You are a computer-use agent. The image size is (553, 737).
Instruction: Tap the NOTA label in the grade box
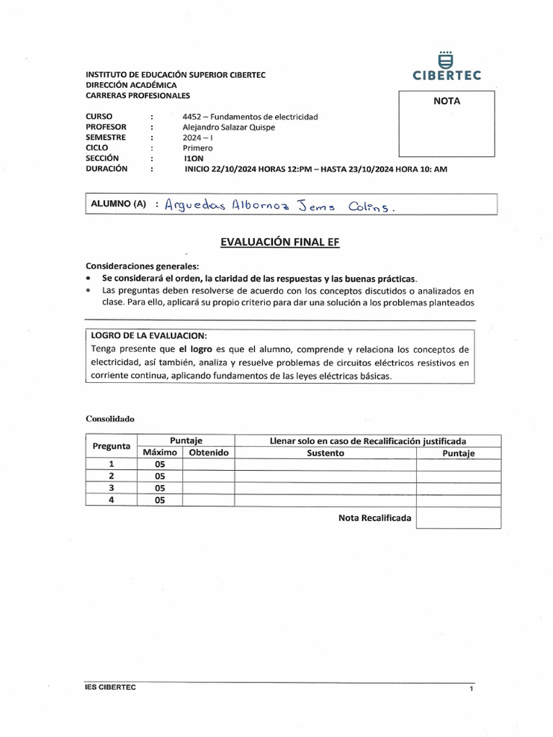[x=446, y=101]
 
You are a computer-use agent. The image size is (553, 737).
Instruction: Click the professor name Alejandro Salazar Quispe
[x=229, y=127]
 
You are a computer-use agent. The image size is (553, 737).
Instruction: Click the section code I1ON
[x=194, y=158]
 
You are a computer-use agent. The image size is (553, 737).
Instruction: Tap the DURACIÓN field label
[x=106, y=168]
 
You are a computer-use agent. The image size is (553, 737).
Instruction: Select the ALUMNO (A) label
[x=118, y=204]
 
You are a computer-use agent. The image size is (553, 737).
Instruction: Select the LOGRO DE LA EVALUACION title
[x=149, y=336]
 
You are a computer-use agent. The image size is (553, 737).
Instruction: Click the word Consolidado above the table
[x=110, y=418]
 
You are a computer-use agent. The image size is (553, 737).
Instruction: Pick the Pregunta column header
[x=111, y=446]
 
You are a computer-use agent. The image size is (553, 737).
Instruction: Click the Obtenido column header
[x=208, y=453]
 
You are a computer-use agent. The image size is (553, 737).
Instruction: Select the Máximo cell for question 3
[x=160, y=487]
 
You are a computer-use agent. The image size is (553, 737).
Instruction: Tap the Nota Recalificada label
[x=374, y=517]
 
